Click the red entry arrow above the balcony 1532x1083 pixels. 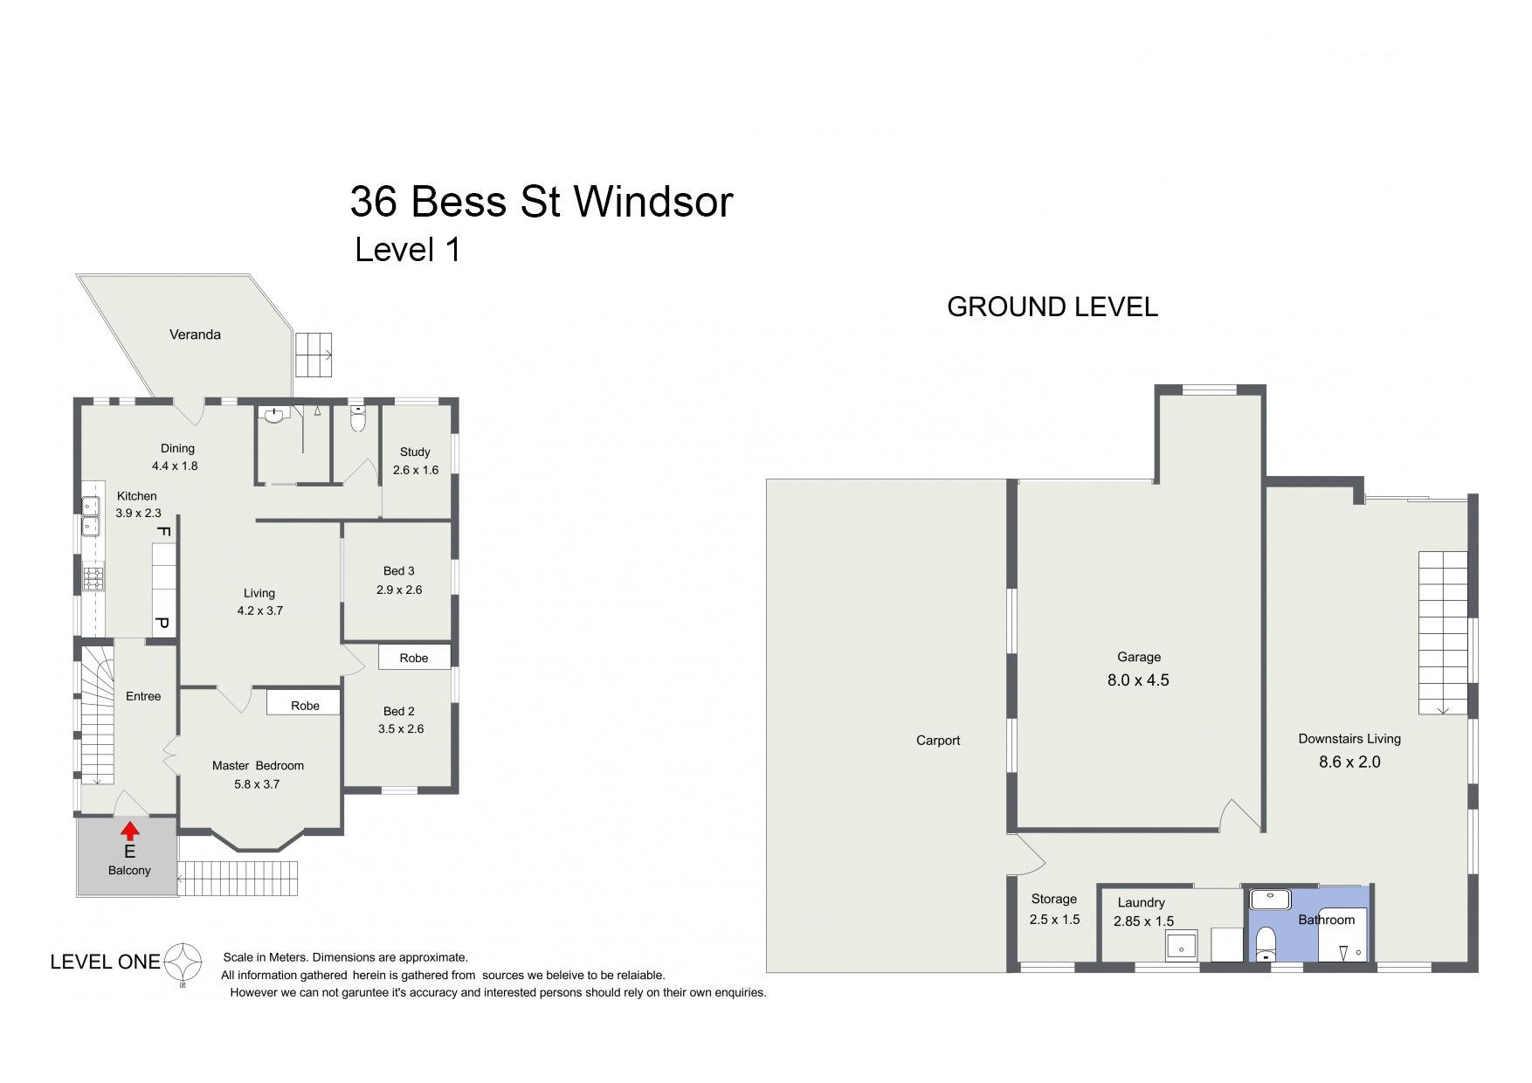tap(129, 831)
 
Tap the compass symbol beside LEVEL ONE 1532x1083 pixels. tap(183, 962)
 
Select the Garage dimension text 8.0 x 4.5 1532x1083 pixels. tap(1138, 680)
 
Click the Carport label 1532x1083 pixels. tap(938, 741)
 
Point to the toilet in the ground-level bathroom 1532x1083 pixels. tap(1265, 944)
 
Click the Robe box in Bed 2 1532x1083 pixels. tap(414, 658)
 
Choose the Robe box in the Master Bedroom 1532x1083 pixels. tap(305, 705)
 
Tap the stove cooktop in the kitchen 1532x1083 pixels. tap(93, 578)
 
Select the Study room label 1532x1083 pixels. tap(415, 452)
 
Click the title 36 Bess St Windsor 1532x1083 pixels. tap(541, 202)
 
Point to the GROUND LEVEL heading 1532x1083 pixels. tap(1052, 307)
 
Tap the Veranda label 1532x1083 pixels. tap(195, 335)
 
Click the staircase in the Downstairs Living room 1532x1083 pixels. tap(1443, 632)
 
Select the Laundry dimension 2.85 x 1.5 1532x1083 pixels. tap(1143, 921)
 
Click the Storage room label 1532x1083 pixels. tap(1053, 899)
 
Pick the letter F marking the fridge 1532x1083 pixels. tap(162, 531)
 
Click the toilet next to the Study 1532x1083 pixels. tap(357, 420)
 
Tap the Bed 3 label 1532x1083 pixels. tap(398, 571)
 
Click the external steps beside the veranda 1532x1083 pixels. tap(314, 355)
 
